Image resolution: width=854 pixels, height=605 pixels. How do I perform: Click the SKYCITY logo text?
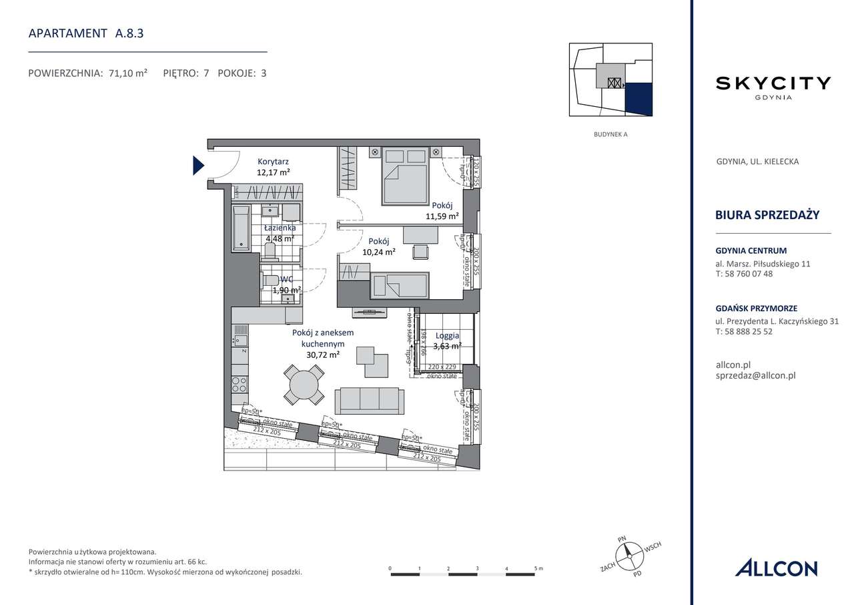[x=773, y=83]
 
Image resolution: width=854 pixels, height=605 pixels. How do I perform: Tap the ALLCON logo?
[x=776, y=568]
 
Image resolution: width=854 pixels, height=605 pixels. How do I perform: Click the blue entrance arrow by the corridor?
[x=198, y=164]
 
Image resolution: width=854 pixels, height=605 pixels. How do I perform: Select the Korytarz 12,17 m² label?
[x=274, y=167]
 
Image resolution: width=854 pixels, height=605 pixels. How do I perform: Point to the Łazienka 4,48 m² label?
[x=280, y=233]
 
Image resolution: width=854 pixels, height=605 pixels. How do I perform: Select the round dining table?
[x=304, y=385]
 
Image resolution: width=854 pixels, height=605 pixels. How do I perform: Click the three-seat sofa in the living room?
[x=369, y=399]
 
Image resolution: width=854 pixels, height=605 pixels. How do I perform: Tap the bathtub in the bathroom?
[x=240, y=228]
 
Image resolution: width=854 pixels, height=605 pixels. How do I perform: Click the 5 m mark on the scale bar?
[x=536, y=569]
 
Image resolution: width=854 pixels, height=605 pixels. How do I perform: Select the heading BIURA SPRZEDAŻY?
[x=767, y=214]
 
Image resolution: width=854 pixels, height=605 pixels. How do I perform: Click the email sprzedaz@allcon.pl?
[x=755, y=376]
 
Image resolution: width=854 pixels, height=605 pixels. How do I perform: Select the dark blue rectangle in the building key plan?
[x=638, y=99]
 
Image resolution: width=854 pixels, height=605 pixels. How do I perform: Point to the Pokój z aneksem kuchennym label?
[x=323, y=343]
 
